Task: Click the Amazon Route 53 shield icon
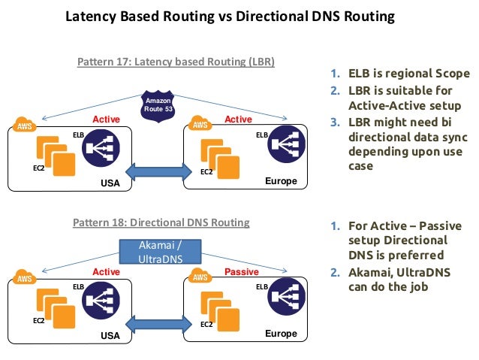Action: coord(158,105)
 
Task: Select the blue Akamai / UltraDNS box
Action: coord(161,250)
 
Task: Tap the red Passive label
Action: coord(241,271)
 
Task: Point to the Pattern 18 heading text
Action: coord(161,223)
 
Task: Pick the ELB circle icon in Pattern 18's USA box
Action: coord(103,301)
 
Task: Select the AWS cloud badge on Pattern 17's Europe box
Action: coord(200,124)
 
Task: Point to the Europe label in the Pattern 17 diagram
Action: coord(281,182)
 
